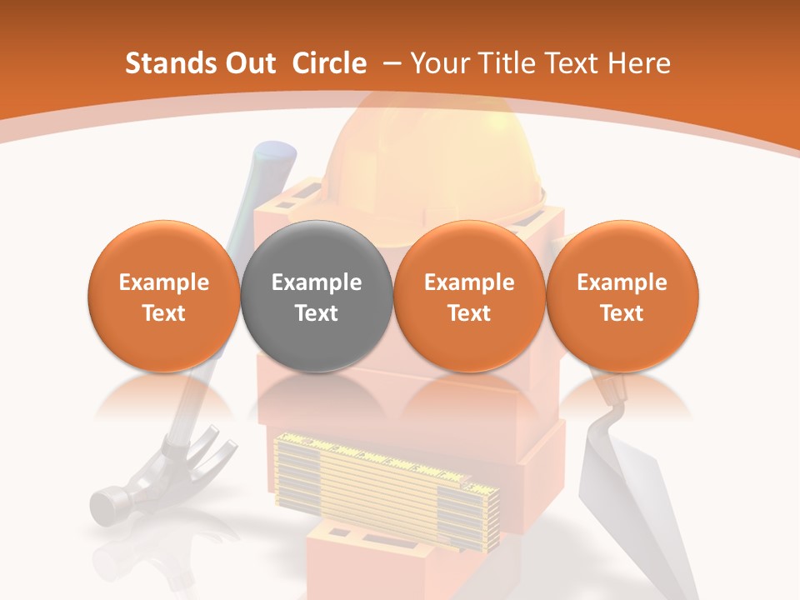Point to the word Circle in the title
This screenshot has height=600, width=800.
pyautogui.click(x=329, y=63)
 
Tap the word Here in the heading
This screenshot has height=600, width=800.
pyautogui.click(x=638, y=63)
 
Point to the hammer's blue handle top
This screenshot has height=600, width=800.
pyautogui.click(x=275, y=155)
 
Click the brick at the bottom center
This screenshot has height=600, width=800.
pyautogui.click(x=367, y=562)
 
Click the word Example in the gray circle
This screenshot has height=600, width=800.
pyautogui.click(x=317, y=282)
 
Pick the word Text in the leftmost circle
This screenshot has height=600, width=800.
pyautogui.click(x=164, y=313)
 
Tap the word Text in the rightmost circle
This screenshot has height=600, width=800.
pyautogui.click(x=622, y=313)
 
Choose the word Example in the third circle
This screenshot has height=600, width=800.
pyautogui.click(x=469, y=282)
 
